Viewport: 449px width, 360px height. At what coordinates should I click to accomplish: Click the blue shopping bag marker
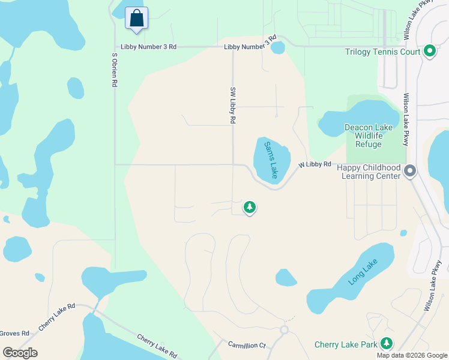pos(137,18)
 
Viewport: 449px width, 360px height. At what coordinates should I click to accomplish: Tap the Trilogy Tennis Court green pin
pos(429,52)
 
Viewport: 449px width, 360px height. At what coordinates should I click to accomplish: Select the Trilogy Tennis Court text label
pos(383,52)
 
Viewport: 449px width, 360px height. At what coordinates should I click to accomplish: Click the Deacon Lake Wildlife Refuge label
pos(368,136)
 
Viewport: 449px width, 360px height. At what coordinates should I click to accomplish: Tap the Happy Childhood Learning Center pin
pos(410,172)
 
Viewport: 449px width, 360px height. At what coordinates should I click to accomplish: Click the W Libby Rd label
pos(315,164)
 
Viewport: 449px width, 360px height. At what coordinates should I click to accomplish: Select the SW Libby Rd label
pos(232,105)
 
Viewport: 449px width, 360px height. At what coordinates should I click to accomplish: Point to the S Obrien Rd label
pos(113,70)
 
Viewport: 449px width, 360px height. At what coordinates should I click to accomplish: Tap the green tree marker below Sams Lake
pos(249,207)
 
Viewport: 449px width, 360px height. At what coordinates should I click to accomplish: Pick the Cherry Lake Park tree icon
pos(387,344)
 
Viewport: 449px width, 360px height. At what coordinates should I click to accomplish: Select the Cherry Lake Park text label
pos(346,344)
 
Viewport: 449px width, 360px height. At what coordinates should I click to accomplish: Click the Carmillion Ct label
pos(246,345)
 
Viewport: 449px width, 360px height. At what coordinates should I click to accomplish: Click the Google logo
pos(20,353)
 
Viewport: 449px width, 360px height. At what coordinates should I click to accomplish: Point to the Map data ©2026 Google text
pos(411,355)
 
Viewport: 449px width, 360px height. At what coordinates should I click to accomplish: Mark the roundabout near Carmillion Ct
pos(284,329)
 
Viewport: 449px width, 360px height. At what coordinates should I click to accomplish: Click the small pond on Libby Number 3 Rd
pos(277,47)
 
